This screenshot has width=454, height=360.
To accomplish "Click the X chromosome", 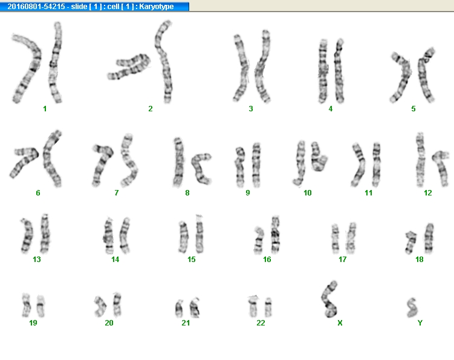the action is [x=329, y=298].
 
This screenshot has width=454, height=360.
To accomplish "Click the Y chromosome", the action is [x=411, y=307].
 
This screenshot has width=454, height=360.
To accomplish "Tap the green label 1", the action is [x=45, y=109].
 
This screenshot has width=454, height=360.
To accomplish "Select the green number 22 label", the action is [x=261, y=322].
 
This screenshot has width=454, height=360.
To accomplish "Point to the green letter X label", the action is [x=340, y=322].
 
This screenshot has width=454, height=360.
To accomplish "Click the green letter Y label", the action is [x=420, y=322].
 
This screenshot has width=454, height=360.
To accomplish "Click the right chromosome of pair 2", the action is [x=164, y=62].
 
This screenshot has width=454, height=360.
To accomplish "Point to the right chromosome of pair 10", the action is [x=319, y=157].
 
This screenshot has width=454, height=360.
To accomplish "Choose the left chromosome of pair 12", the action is [x=420, y=159].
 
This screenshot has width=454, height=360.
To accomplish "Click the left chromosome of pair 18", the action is [x=411, y=242].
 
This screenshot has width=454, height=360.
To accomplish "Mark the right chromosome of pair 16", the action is [x=275, y=235].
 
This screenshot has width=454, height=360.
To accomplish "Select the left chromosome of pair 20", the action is [x=100, y=306].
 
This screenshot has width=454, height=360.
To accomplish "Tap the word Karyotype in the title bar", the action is [x=157, y=7].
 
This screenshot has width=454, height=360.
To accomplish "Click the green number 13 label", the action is [x=37, y=259].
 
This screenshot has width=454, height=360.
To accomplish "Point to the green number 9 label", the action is [x=248, y=193].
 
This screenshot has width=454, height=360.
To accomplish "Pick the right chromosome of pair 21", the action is [x=195, y=307].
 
